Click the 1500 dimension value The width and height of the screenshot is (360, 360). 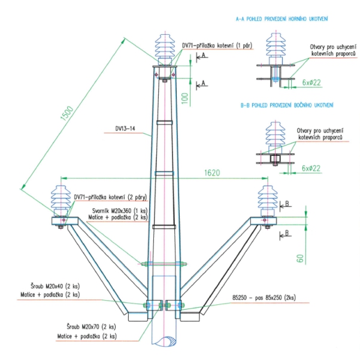click(67, 113)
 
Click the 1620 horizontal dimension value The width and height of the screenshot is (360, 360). click(212, 173)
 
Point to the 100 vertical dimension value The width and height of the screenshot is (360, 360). click(185, 98)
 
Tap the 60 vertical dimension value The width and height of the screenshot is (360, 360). click(300, 259)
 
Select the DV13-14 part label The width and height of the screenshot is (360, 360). click(125, 129)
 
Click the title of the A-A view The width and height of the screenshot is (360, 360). click(282, 19)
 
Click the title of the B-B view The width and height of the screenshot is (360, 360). click(287, 105)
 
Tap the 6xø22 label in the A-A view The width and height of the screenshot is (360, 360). click(311, 83)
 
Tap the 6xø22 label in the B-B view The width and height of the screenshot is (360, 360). click(311, 168)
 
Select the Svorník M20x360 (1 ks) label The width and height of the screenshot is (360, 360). click(120, 211)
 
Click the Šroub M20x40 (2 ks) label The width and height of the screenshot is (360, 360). click(55, 286)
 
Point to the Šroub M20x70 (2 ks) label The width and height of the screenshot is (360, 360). click(91, 326)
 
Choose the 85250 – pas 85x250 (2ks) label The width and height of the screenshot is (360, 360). click(264, 298)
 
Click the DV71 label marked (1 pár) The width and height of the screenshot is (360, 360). click(217, 46)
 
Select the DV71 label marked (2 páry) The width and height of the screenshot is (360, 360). click(110, 197)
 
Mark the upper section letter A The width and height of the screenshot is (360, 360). click(204, 55)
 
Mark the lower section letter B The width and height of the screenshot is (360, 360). click(287, 233)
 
